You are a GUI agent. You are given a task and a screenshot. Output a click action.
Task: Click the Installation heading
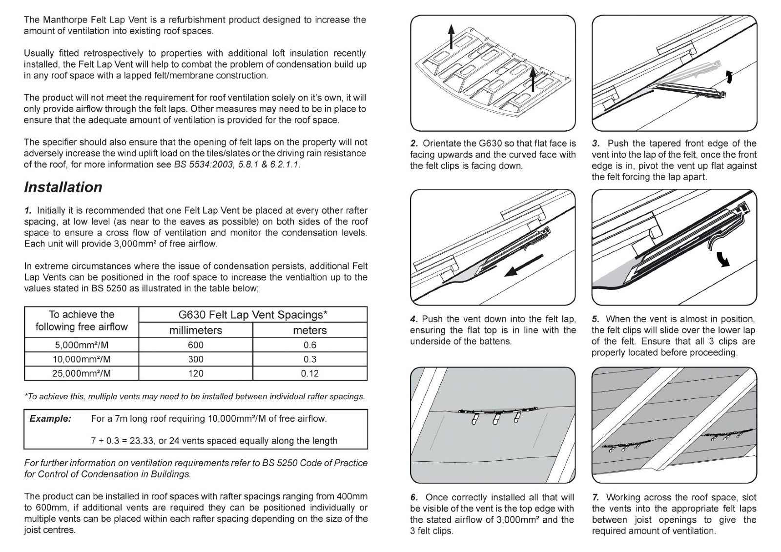[x=63, y=187]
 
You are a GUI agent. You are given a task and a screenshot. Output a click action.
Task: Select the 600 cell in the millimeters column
[x=195, y=345]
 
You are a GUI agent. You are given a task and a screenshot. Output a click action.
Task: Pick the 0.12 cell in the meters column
[x=309, y=373]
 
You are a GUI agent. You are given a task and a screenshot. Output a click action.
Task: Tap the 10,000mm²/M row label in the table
[x=82, y=359]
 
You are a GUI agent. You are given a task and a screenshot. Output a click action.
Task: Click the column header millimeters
[x=195, y=330]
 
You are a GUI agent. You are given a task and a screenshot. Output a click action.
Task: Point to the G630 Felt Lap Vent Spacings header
[x=252, y=315]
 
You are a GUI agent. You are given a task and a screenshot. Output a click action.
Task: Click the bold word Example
[x=50, y=419]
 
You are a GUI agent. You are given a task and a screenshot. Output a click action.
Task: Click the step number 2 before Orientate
[x=414, y=143]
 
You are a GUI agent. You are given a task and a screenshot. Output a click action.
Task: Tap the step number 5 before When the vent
[x=595, y=319]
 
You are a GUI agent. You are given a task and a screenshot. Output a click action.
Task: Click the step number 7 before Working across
[x=596, y=498]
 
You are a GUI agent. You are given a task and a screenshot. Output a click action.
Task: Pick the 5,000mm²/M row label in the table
[x=82, y=345]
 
